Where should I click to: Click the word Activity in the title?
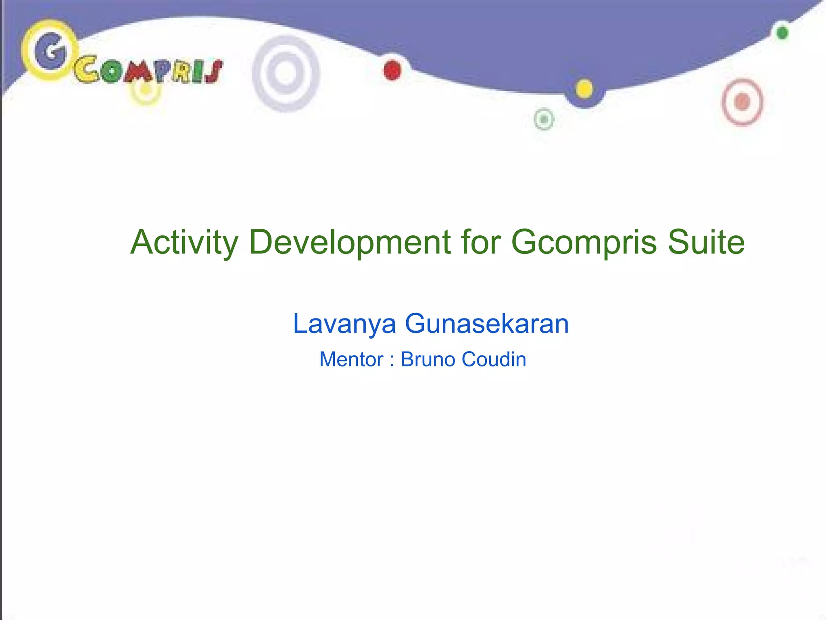(x=184, y=243)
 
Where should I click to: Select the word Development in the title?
(x=350, y=243)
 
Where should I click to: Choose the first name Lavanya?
(x=344, y=324)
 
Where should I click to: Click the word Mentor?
(x=351, y=360)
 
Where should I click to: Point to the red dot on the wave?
(x=392, y=71)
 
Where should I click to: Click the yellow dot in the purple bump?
(x=584, y=89)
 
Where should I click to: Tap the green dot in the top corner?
(x=782, y=33)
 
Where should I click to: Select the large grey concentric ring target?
(x=286, y=73)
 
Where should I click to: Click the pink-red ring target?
(x=742, y=102)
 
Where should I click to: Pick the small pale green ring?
(x=544, y=119)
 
